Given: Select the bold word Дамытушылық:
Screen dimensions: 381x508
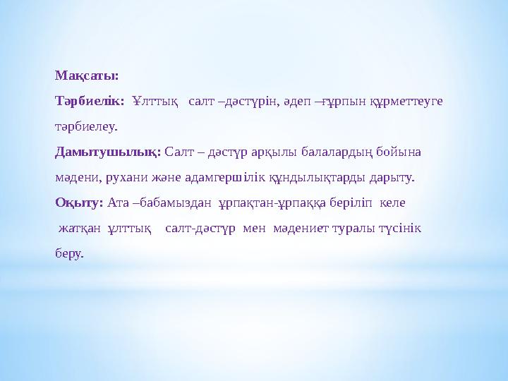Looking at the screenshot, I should (x=109, y=152).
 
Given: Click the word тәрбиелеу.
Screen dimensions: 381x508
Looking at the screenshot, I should (x=87, y=128).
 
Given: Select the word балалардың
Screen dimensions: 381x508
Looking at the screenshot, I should (x=324, y=152).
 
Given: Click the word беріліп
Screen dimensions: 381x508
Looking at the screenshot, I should (x=351, y=202).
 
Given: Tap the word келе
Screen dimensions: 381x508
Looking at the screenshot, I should (x=392, y=202).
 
